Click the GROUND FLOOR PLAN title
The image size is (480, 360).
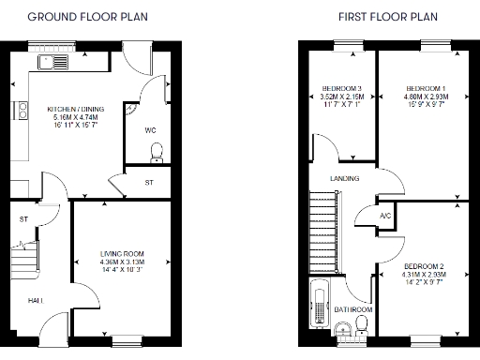coord(81,17)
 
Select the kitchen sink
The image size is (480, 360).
coord(52,62)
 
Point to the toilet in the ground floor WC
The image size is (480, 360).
coord(157,151)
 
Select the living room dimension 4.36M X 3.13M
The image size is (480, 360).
coord(123,262)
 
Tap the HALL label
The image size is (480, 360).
coord(34,299)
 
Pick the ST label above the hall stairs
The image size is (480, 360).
coord(24,219)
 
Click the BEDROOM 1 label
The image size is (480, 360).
coord(425,87)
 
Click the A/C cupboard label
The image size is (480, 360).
coord(385,217)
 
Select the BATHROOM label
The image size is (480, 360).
coord(354,309)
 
